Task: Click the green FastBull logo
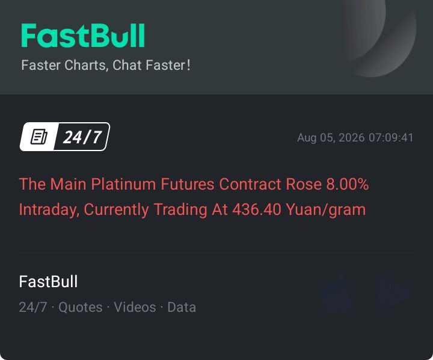83,36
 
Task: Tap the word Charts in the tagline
87,66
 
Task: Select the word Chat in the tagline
127,65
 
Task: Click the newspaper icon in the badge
38,137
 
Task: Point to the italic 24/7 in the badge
82,137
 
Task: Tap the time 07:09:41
391,138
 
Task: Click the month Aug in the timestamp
307,138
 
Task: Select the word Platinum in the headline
123,184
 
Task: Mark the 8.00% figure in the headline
348,184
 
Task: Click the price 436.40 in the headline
257,209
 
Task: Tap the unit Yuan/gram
325,210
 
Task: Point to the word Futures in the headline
187,184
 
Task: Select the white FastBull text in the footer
48,282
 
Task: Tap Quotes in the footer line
81,308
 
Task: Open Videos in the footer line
135,307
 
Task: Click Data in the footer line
182,307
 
